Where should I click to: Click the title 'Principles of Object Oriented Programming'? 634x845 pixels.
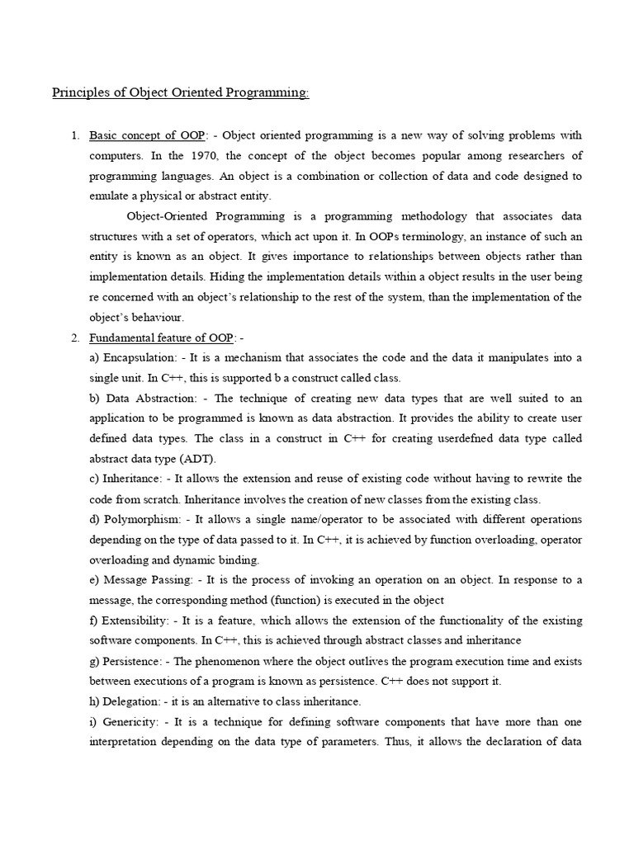point(181,93)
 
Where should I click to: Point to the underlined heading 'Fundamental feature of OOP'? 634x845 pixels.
point(162,338)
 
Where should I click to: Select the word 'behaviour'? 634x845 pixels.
point(158,317)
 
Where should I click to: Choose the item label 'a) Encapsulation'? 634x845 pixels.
point(134,357)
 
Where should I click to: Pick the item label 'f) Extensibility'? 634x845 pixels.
point(131,621)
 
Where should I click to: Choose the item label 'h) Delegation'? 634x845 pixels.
point(129,701)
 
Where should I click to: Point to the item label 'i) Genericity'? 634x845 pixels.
point(126,721)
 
